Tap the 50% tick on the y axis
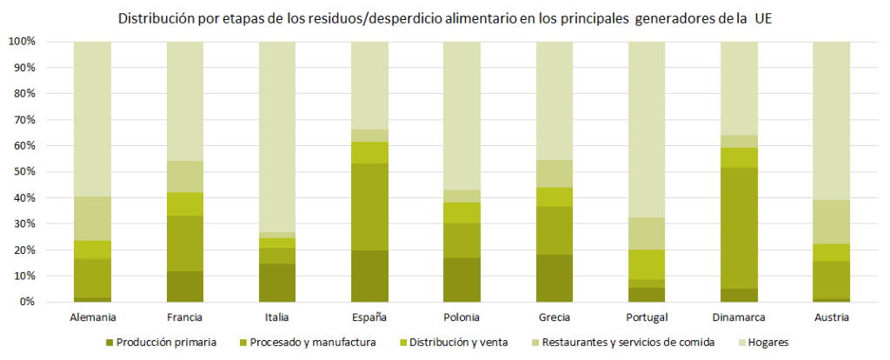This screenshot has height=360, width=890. [x=22, y=172]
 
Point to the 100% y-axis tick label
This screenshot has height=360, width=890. [x=20, y=42]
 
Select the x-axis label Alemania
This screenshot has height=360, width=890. [x=92, y=317]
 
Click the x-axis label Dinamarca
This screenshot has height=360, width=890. [x=739, y=317]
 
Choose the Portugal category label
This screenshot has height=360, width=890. [x=647, y=317]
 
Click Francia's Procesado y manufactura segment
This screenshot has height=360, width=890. [x=185, y=243]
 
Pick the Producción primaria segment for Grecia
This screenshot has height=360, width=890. [x=555, y=278]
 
